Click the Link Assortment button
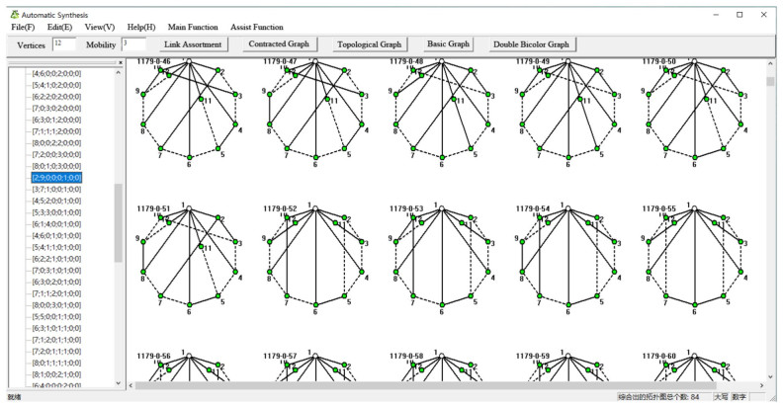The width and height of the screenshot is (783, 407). pyautogui.click(x=193, y=44)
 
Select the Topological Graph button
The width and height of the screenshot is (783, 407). pyautogui.click(x=369, y=44)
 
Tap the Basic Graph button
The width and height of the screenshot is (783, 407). pyautogui.click(x=451, y=44)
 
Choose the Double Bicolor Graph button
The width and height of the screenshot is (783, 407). pyautogui.click(x=531, y=44)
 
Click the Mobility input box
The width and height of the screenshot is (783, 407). pyautogui.click(x=132, y=44)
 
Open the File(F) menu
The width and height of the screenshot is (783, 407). pyautogui.click(x=23, y=27)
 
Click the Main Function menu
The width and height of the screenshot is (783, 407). pyautogui.click(x=192, y=27)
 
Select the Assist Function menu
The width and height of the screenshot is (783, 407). pyautogui.click(x=256, y=27)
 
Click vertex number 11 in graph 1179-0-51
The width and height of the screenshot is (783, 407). pyautogui.click(x=201, y=247)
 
